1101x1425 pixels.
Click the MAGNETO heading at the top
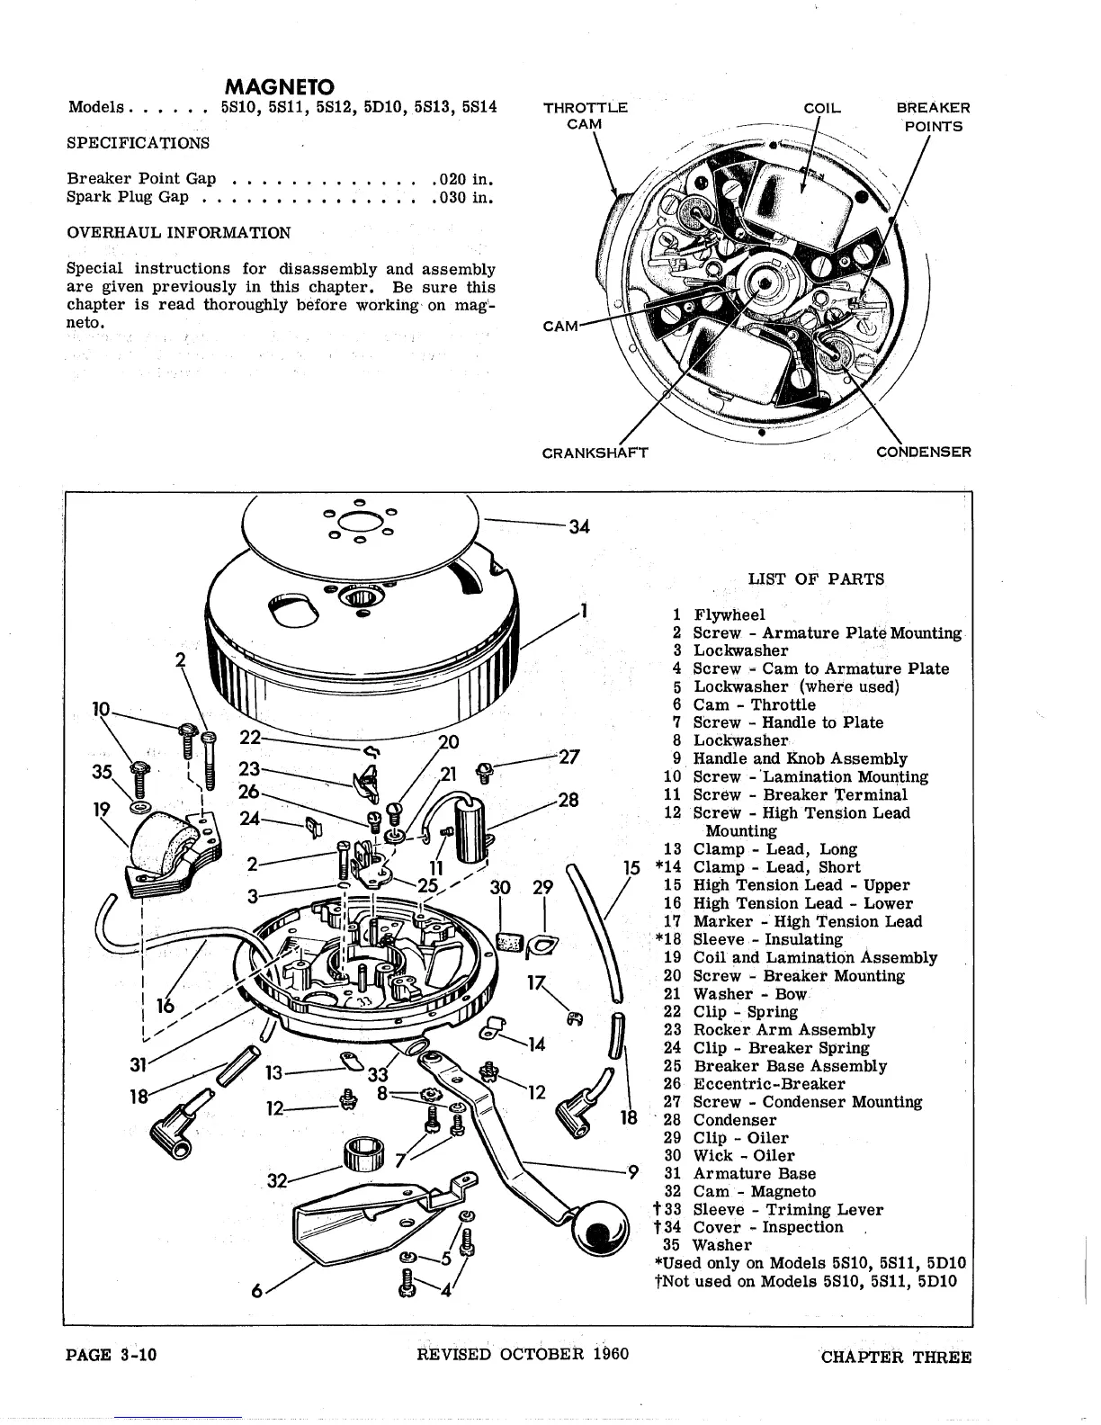pyautogui.click(x=279, y=87)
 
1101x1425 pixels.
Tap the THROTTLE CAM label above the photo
pyautogui.click(x=585, y=116)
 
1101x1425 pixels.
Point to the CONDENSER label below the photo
pyautogui.click(x=924, y=452)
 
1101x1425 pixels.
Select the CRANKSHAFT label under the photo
pyautogui.click(x=595, y=452)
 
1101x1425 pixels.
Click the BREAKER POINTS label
pyautogui.click(x=933, y=117)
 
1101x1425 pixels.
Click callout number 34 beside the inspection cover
pyautogui.click(x=579, y=527)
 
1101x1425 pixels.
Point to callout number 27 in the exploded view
pyautogui.click(x=568, y=757)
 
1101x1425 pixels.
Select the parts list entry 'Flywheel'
pyautogui.click(x=729, y=615)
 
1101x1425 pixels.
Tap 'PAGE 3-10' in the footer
pyautogui.click(x=112, y=1355)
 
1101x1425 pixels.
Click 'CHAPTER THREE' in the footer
pyautogui.click(x=896, y=1357)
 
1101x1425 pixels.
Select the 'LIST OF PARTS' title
pyautogui.click(x=816, y=579)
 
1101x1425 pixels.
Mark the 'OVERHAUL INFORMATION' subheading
pyautogui.click(x=179, y=233)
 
